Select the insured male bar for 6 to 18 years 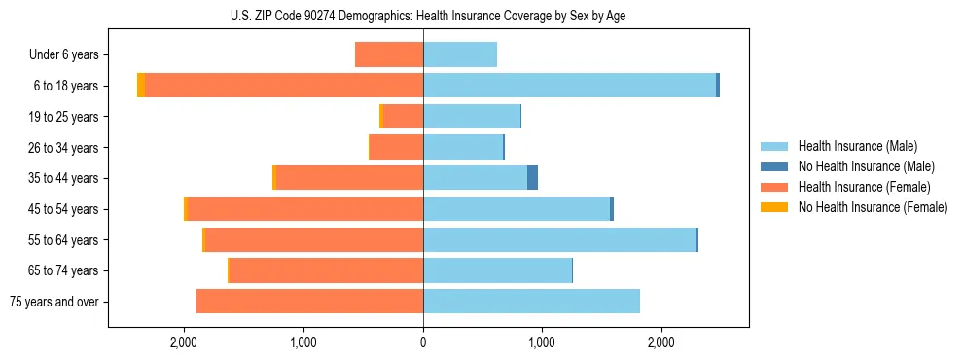[569, 86]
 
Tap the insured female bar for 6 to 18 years [283, 86]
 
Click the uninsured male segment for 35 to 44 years [532, 178]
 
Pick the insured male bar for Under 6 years [460, 54]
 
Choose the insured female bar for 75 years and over [309, 302]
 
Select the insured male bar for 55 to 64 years [559, 239]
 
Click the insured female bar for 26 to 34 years [396, 147]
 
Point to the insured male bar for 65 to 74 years [497, 270]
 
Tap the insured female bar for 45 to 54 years [304, 209]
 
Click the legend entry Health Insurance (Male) [857, 146]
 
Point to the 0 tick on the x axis [423, 342]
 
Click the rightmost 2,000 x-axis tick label [660, 342]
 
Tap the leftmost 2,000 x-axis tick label [184, 342]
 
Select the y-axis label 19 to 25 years [63, 117]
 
